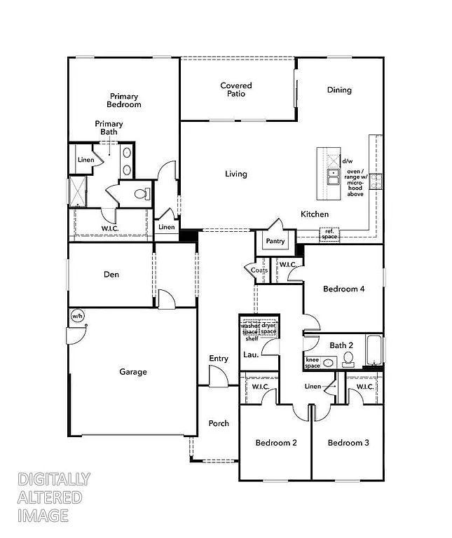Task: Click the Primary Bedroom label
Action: point(124,100)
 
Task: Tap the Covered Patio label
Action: point(236,90)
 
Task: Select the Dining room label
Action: point(339,90)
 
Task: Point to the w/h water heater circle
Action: point(77,317)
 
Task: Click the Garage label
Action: point(132,372)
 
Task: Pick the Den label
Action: point(111,275)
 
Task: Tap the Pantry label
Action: point(274,241)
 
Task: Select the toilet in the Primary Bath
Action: point(142,194)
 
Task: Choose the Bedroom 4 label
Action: point(343,289)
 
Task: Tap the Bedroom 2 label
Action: point(275,443)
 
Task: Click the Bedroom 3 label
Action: point(348,443)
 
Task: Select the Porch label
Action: point(219,423)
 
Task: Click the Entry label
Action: point(219,359)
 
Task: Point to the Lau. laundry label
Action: point(251,354)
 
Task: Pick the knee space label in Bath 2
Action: point(313,362)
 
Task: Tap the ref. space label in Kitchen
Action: point(329,234)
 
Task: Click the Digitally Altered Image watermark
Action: point(53,497)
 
